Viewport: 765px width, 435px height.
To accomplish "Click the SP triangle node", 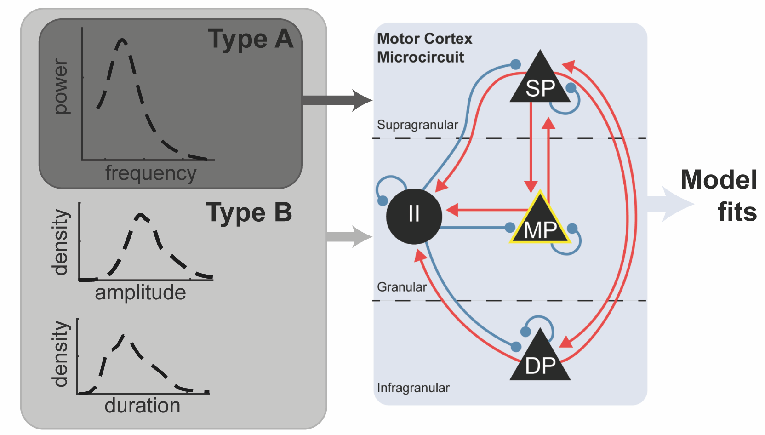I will [x=540, y=83].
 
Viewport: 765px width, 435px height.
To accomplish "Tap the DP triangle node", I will [x=540, y=361].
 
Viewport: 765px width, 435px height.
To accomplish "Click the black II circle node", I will [x=414, y=216].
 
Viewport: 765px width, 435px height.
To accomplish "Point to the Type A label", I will [x=251, y=39].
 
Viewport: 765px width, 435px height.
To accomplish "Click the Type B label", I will [x=249, y=213].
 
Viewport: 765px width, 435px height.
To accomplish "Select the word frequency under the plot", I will [x=151, y=173].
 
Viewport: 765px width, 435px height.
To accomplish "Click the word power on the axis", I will [x=61, y=86].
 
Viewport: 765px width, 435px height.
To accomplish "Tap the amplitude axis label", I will [x=140, y=292].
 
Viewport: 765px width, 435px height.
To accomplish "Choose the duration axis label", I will [x=142, y=406].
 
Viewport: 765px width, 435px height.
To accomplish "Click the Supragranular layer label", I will [x=417, y=125].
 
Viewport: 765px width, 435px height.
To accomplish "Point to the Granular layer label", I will [x=402, y=287].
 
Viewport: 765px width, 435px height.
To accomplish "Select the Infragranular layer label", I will [x=413, y=388].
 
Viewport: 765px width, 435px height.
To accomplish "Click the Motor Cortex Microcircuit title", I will [x=424, y=48].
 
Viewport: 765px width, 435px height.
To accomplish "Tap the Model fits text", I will [x=719, y=195].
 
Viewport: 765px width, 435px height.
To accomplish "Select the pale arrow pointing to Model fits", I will [x=669, y=204].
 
